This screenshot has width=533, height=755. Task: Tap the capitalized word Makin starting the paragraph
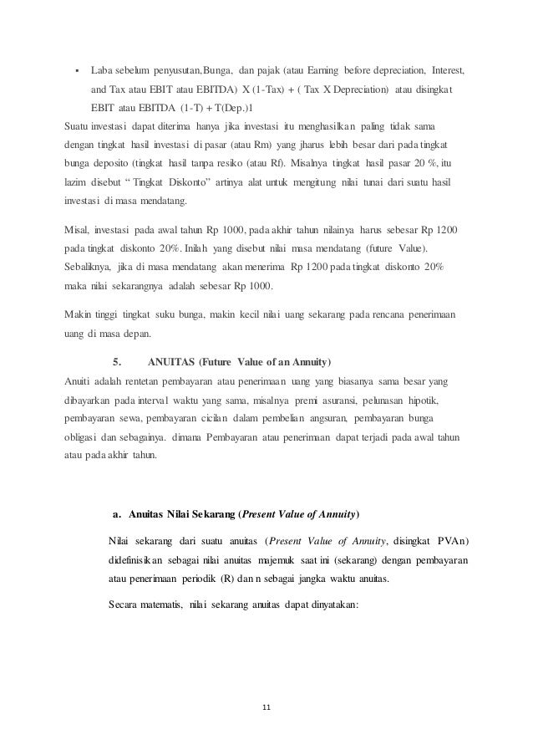click(79, 315)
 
